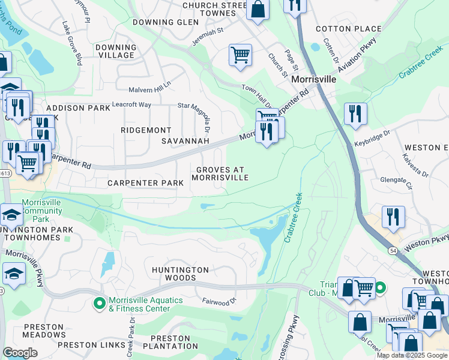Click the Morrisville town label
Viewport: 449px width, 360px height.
coord(313,79)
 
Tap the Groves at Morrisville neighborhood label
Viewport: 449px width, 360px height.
coord(220,173)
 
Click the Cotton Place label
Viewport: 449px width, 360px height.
coord(348,29)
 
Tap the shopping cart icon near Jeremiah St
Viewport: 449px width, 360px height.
coord(240,55)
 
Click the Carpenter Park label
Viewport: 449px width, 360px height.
coord(141,182)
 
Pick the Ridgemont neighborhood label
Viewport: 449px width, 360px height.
coord(146,130)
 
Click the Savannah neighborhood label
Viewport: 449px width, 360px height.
coord(185,141)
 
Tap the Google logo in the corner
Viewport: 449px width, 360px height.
coord(20,352)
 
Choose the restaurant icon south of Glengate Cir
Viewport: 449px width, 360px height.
coord(393,217)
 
